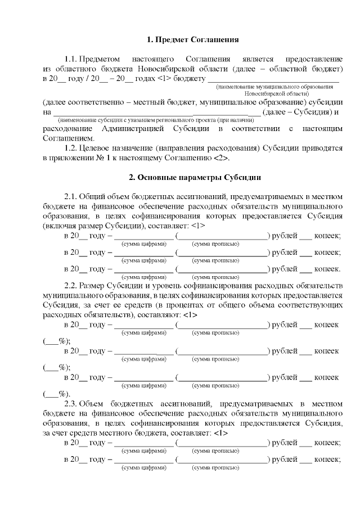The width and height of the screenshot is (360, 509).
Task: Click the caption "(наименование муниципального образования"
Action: tap(278, 87)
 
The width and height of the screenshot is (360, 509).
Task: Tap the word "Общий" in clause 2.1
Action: tap(93, 196)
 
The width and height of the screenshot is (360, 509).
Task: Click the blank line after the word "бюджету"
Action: tap(273, 79)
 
